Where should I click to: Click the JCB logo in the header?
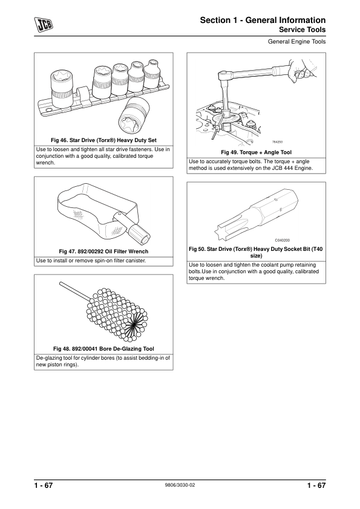click(x=44, y=25)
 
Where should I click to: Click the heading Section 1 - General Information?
click(x=263, y=20)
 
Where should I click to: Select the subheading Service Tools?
click(x=302, y=30)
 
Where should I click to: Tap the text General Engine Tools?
click(x=296, y=42)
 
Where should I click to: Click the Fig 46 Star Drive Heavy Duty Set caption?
click(x=103, y=140)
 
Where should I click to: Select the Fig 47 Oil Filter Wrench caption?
click(x=103, y=251)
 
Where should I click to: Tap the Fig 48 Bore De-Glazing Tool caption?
click(x=103, y=349)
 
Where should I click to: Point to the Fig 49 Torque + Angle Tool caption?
click(x=257, y=152)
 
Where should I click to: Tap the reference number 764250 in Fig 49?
click(x=277, y=142)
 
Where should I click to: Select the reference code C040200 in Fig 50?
click(x=283, y=240)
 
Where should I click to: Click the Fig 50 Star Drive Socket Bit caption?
click(x=256, y=252)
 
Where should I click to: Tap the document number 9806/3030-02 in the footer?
click(x=180, y=485)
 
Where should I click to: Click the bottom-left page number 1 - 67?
click(x=44, y=485)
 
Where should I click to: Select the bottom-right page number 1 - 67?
click(x=316, y=485)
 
